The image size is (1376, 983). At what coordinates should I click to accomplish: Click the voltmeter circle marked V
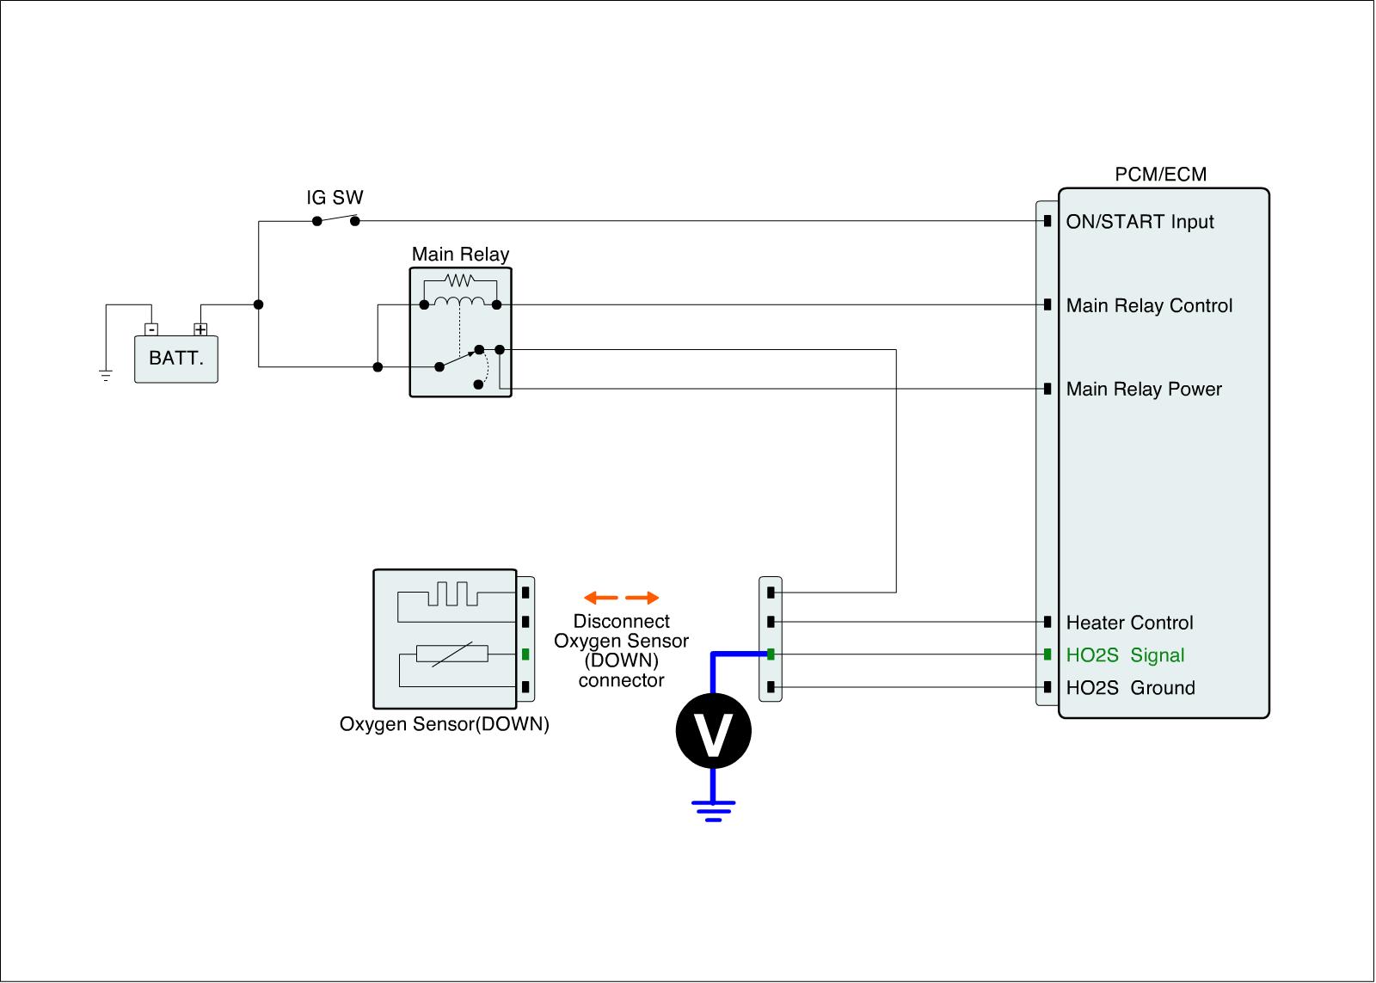[x=713, y=732]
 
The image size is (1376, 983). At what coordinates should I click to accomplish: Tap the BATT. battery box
[x=176, y=359]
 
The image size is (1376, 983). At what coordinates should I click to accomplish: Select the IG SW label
[x=335, y=198]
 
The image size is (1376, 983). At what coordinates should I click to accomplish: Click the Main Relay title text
[x=460, y=255]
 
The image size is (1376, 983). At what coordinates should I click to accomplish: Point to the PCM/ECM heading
[x=1161, y=175]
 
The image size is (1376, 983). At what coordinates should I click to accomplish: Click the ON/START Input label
[x=1139, y=222]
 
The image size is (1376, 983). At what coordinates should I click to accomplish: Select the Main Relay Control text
[x=1149, y=306]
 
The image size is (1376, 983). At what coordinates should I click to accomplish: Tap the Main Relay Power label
[x=1144, y=390]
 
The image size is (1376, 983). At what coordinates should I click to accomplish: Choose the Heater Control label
[x=1129, y=623]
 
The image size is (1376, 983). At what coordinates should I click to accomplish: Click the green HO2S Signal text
[x=1125, y=655]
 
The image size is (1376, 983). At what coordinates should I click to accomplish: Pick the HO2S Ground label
[x=1130, y=688]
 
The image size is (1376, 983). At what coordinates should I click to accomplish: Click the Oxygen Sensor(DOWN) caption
[x=444, y=724]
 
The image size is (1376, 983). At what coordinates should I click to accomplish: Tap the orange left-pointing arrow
[x=600, y=598]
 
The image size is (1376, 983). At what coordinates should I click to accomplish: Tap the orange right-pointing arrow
[x=642, y=598]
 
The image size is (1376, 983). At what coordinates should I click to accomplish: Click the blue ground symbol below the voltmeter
[x=713, y=810]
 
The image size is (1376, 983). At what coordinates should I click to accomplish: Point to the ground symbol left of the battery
[x=106, y=375]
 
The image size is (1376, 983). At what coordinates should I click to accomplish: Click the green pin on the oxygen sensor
[x=525, y=654]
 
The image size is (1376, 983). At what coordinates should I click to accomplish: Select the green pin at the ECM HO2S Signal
[x=1047, y=654]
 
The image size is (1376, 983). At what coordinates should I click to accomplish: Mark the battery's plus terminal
[x=200, y=329]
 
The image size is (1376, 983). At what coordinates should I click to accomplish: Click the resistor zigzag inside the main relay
[x=460, y=280]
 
